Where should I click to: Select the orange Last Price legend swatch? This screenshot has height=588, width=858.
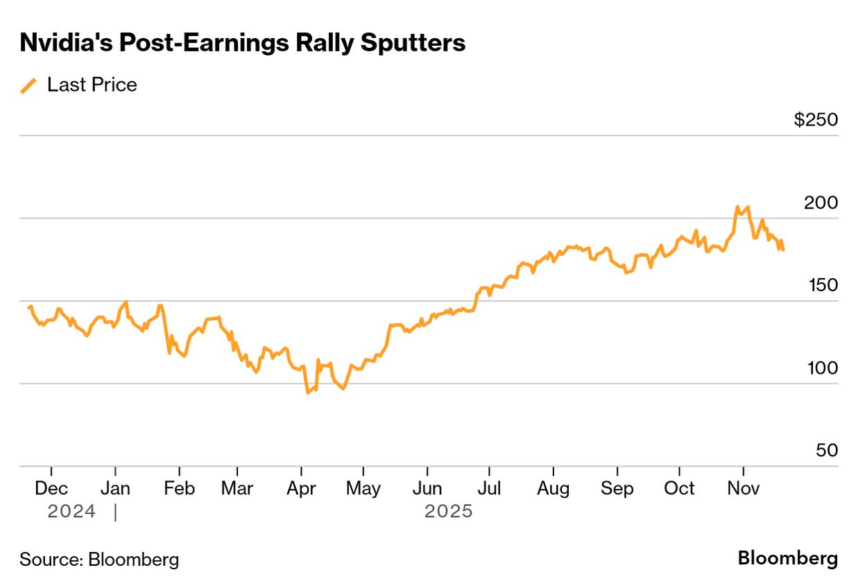[28, 85]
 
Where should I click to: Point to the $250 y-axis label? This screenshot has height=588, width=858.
[816, 120]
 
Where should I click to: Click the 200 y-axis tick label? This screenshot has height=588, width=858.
[821, 202]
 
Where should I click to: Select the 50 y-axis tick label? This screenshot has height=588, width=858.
[826, 450]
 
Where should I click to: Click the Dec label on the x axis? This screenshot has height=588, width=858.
[51, 488]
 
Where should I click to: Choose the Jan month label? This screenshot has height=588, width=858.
[115, 488]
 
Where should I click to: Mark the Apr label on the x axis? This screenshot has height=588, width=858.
[301, 488]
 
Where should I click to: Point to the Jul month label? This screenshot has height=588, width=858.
[489, 488]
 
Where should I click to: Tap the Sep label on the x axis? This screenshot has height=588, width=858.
[617, 488]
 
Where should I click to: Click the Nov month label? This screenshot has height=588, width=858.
[743, 488]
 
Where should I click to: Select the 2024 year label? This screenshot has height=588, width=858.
[71, 512]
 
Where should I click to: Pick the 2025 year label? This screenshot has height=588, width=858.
[448, 512]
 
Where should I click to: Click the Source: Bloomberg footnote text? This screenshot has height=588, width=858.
[99, 559]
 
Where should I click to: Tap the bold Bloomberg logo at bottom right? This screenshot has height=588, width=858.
[787, 558]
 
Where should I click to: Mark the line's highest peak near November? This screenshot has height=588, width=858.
[737, 207]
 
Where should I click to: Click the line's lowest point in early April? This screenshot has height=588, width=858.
[307, 392]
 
